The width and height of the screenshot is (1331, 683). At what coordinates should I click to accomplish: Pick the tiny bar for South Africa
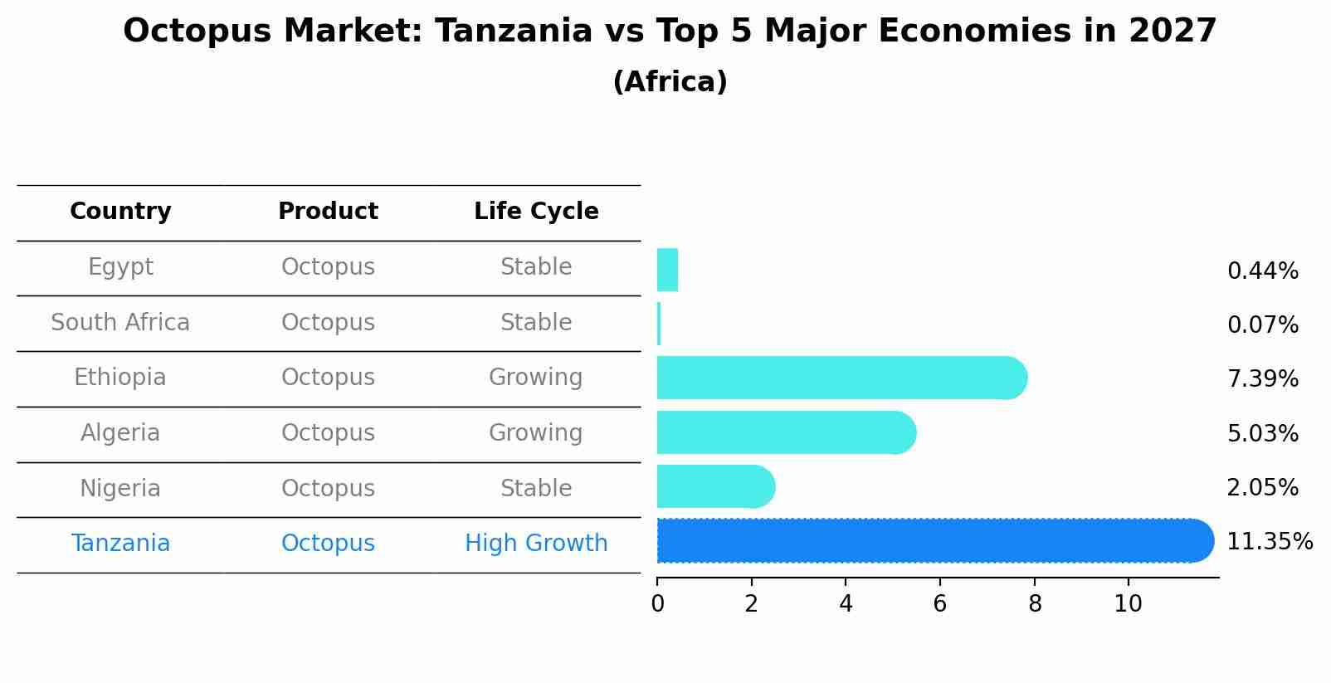click(x=659, y=324)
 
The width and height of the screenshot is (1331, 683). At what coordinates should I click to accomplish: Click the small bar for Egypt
click(x=667, y=270)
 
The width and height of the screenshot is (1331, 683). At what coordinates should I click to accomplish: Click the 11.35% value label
click(x=1269, y=542)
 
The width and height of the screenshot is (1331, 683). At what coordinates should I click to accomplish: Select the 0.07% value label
click(x=1262, y=325)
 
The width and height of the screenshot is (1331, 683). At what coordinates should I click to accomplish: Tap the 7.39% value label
click(x=1262, y=379)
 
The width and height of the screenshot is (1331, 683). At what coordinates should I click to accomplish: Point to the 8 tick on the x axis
click(x=1034, y=604)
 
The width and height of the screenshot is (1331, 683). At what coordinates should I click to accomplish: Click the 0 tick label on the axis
click(x=657, y=604)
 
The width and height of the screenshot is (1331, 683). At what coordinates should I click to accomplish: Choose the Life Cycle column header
click(x=536, y=212)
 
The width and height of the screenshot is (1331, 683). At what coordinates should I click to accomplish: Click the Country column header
click(x=120, y=212)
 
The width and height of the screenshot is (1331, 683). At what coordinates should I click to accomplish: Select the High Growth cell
click(x=536, y=544)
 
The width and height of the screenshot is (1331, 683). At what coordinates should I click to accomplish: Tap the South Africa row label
click(x=120, y=323)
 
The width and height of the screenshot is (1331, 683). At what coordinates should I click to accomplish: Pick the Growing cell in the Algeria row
click(x=536, y=433)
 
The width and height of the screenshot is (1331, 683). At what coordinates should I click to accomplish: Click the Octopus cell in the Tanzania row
click(x=328, y=544)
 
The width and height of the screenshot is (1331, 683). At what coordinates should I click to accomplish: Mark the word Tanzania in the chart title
click(x=513, y=32)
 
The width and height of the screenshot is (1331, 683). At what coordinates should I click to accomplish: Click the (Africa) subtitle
click(x=670, y=82)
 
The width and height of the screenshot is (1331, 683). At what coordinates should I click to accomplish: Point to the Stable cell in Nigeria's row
click(x=536, y=489)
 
